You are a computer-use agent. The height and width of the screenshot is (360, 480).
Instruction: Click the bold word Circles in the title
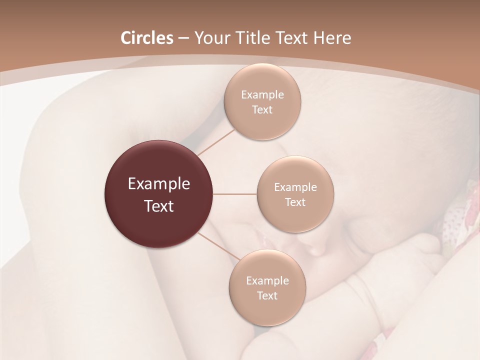tap(147, 38)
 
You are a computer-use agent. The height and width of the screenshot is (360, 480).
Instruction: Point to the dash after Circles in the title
tap(183, 38)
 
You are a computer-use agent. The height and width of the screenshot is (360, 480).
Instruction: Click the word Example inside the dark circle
tap(159, 184)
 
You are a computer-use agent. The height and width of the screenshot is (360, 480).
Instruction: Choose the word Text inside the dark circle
tap(159, 205)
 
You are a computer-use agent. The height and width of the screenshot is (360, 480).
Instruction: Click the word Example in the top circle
tap(262, 94)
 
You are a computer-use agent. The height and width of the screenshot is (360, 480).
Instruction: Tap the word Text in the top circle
tap(262, 109)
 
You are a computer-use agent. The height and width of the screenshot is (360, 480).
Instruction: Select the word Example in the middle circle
tap(295, 187)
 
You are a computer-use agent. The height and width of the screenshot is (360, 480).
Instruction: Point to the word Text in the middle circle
tap(295, 202)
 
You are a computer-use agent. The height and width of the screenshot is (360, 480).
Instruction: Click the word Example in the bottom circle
tap(267, 280)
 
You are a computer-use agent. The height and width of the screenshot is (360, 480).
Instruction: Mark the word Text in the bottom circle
tap(267, 295)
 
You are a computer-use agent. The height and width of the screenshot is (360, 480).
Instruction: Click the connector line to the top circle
tap(216, 142)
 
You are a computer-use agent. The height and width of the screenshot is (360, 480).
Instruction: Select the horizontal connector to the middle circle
tap(235, 194)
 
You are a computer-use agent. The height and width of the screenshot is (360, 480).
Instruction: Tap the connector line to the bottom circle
tap(219, 246)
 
